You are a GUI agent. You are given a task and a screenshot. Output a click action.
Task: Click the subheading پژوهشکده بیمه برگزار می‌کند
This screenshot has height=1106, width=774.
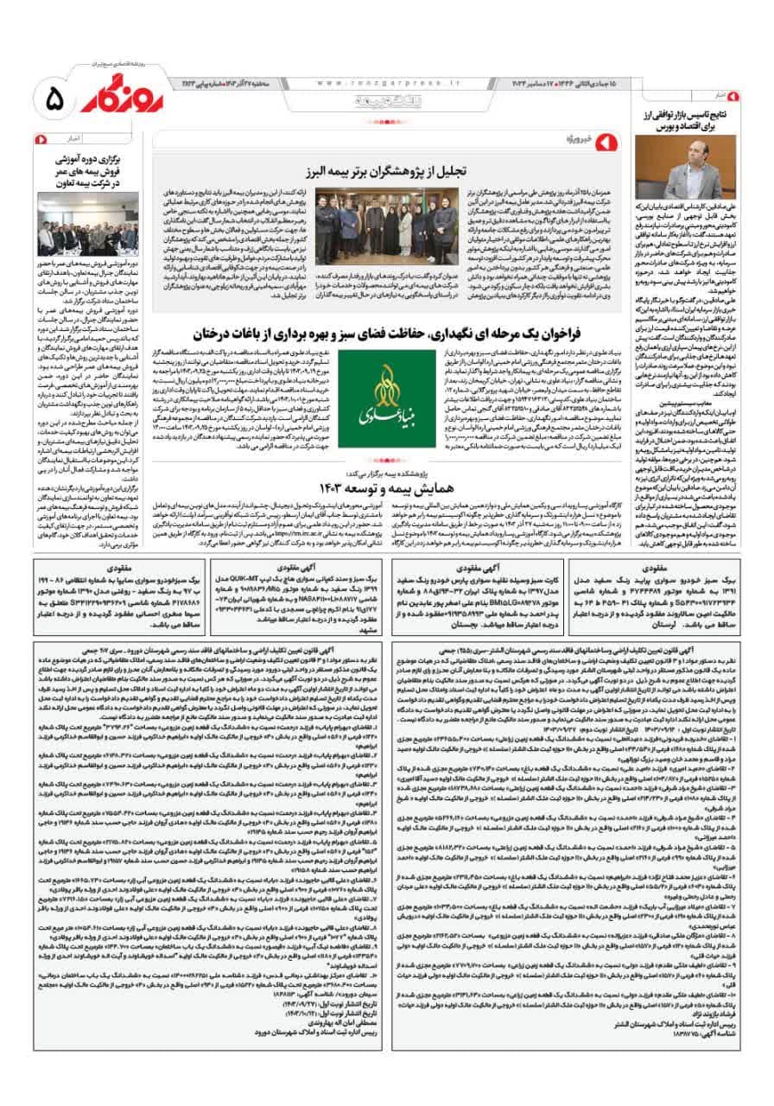[381, 474]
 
